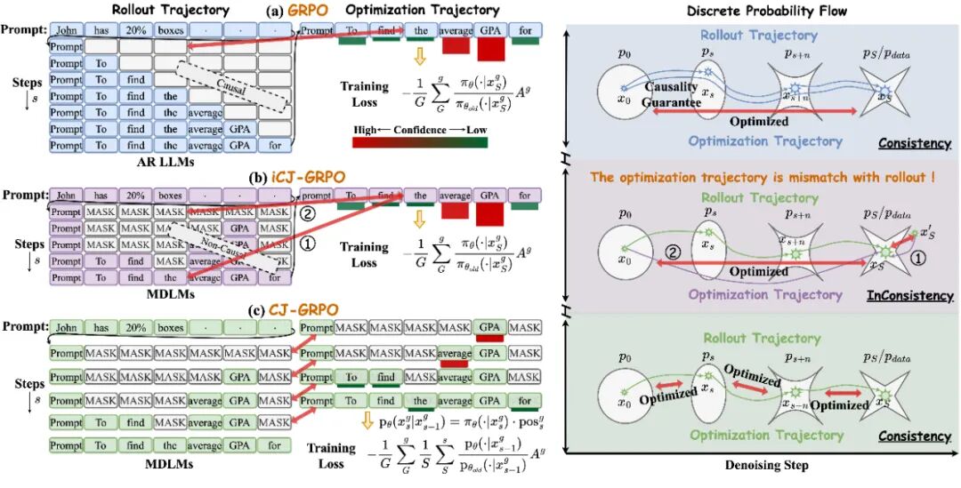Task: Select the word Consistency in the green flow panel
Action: pos(914,436)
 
